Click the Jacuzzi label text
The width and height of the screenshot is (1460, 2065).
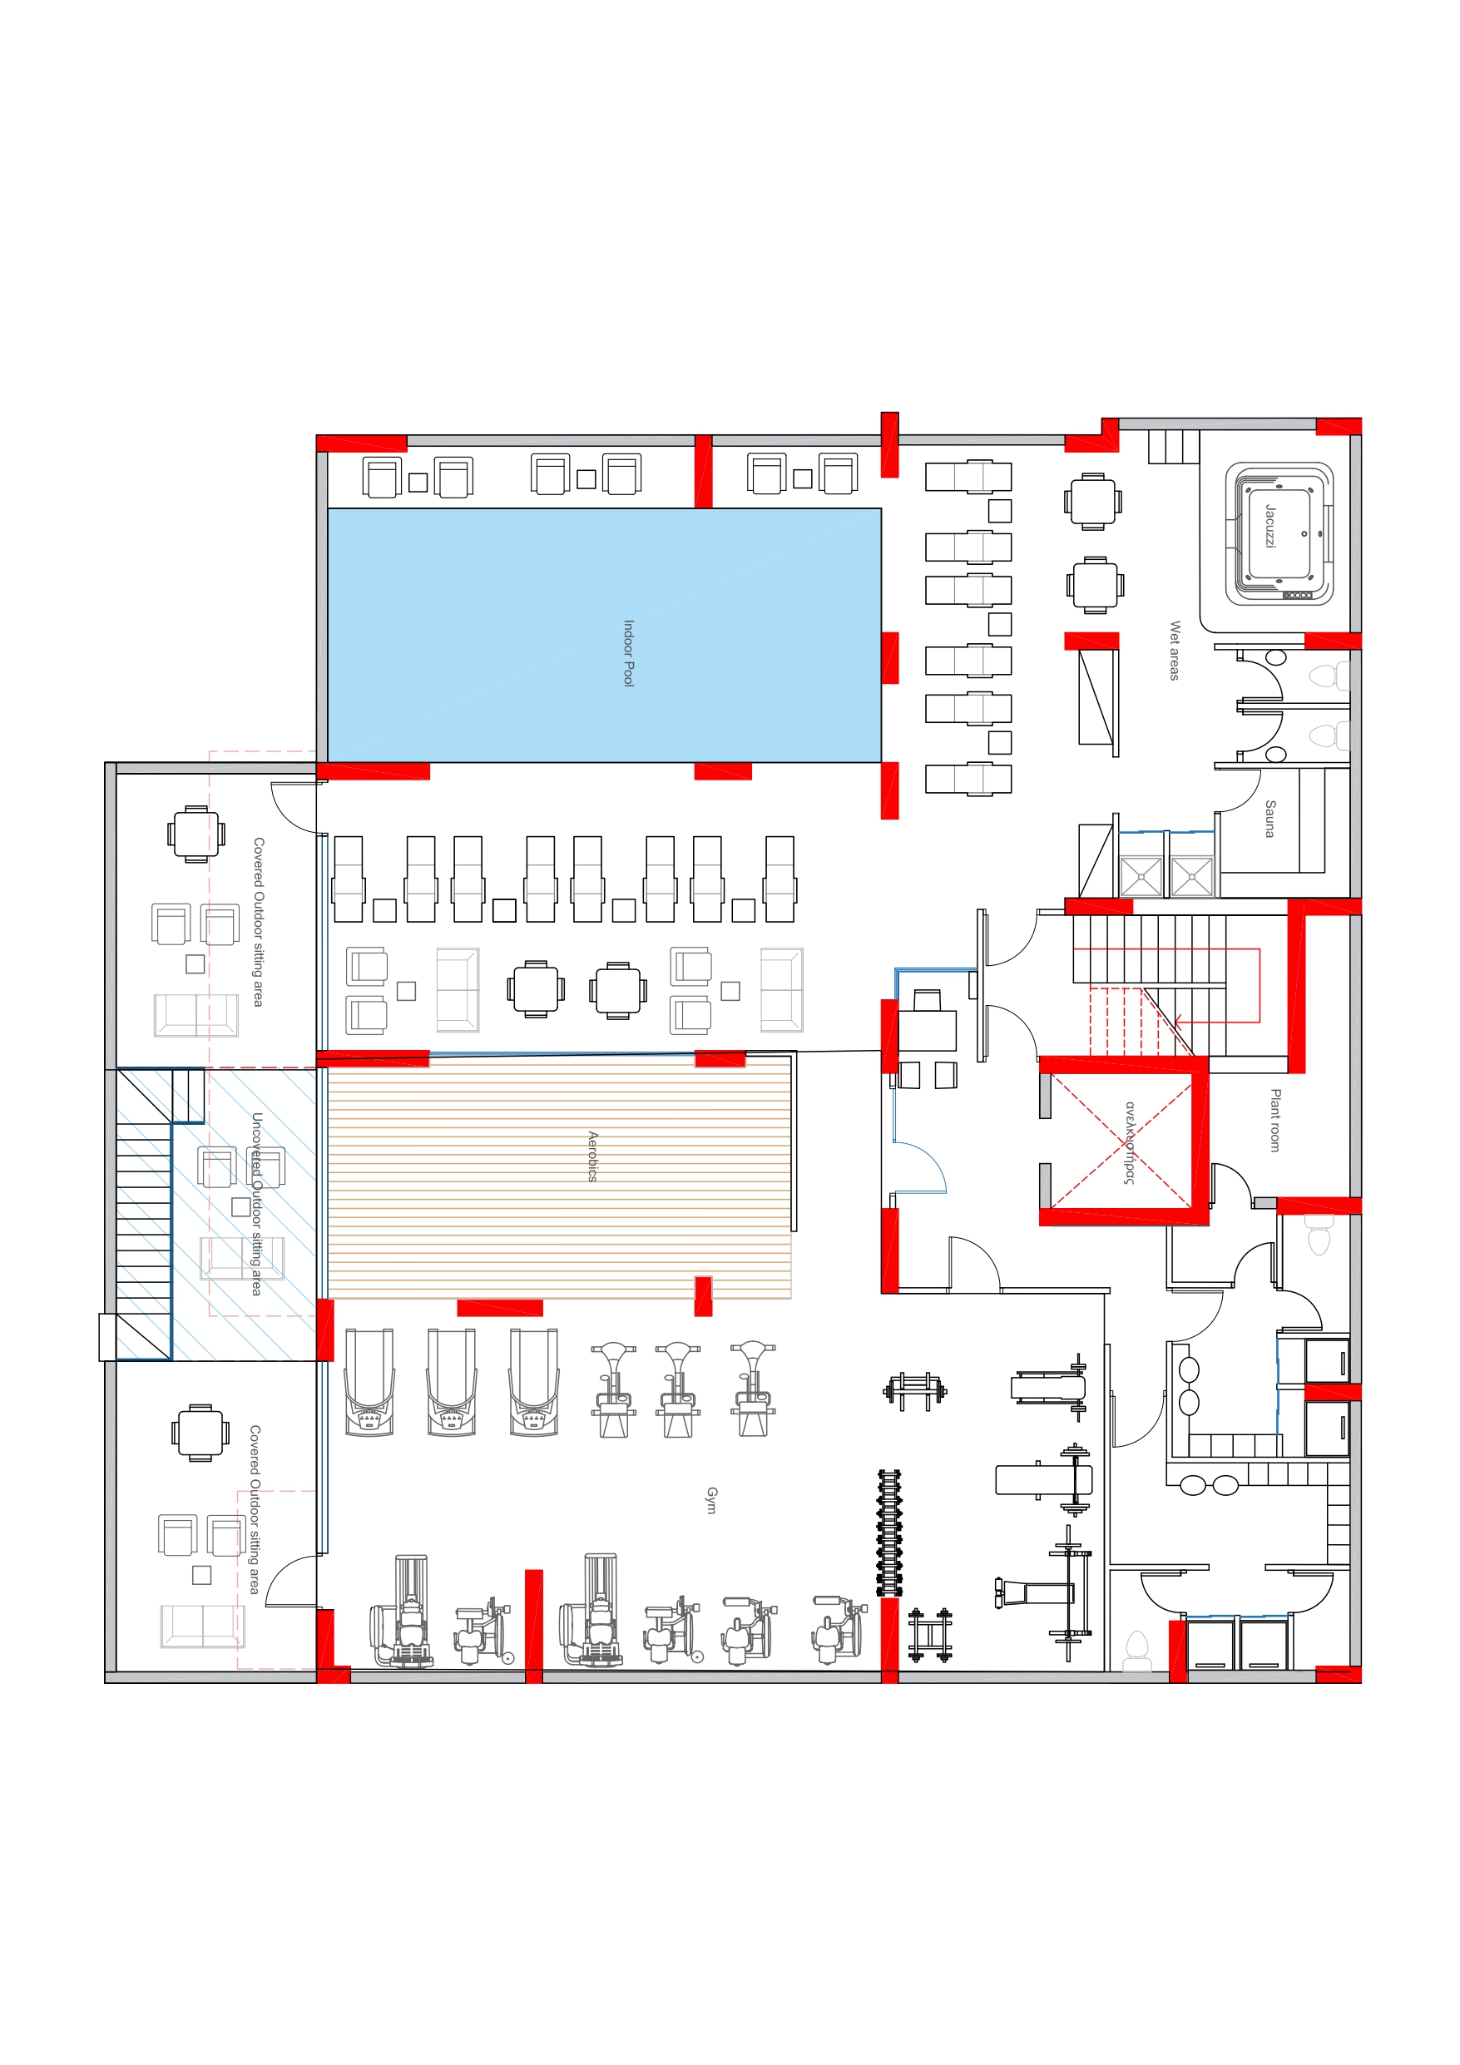(1270, 526)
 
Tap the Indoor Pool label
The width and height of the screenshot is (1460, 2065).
(629, 653)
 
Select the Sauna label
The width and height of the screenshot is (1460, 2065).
(1270, 819)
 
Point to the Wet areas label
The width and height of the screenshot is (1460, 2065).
(1175, 651)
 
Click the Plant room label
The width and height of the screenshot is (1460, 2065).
(1275, 1121)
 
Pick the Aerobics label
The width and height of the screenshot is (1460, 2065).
(593, 1156)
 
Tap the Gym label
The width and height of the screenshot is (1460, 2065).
(711, 1500)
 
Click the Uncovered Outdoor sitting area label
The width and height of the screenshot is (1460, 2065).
(257, 1204)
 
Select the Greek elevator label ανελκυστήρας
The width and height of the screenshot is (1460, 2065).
(1130, 1142)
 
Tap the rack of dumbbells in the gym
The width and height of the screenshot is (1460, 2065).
(889, 1533)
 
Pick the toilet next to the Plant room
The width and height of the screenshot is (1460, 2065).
(1319, 1234)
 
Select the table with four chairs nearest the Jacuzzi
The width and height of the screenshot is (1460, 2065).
(1093, 501)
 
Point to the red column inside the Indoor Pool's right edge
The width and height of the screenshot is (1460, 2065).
(889, 657)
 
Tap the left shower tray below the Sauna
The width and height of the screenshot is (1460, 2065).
(1141, 876)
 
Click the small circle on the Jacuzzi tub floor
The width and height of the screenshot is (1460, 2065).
(1304, 533)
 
